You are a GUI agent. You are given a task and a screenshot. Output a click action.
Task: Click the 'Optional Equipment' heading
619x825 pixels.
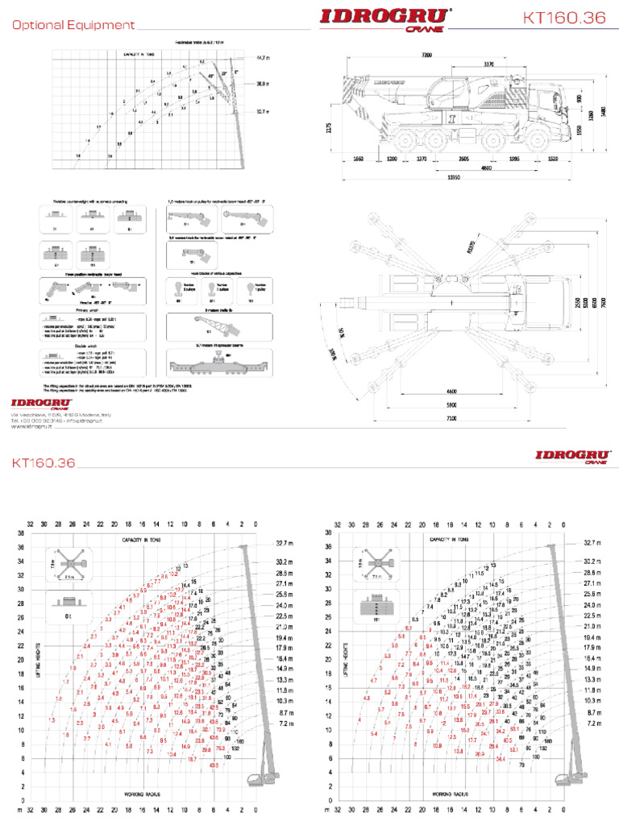pyautogui.click(x=73, y=25)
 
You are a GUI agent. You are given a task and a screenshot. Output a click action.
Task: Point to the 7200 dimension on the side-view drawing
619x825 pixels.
pyautogui.click(x=426, y=56)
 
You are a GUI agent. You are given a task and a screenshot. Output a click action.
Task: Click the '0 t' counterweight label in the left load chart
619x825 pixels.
pyautogui.click(x=69, y=613)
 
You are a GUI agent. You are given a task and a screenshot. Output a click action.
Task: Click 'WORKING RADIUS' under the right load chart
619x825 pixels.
pyautogui.click(x=450, y=794)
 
